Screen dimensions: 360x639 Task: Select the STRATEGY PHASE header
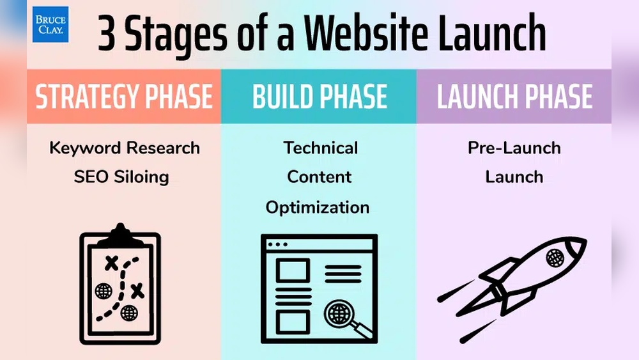[x=124, y=97]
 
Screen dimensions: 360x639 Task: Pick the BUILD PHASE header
[x=319, y=97]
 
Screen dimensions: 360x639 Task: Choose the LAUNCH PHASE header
[x=514, y=97]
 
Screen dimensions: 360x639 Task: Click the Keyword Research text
[x=125, y=148]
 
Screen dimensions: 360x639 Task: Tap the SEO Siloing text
[x=121, y=176]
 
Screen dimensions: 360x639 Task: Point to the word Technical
[x=321, y=148]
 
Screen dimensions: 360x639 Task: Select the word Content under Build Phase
[x=319, y=176]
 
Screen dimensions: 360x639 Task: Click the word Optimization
[x=318, y=207]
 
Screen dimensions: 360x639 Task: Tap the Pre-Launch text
[x=514, y=148]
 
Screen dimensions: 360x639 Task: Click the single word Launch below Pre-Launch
[x=514, y=176]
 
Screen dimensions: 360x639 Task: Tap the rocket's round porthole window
[x=555, y=258]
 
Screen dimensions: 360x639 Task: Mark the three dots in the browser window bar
[x=277, y=244]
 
